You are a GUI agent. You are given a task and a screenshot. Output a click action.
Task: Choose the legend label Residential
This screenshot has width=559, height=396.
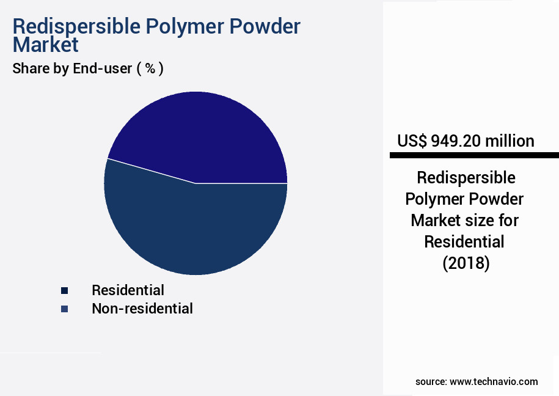(128, 290)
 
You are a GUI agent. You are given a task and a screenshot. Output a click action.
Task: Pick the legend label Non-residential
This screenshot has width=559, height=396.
(142, 309)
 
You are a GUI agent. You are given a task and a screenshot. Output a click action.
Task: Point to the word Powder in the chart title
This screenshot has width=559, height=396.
(265, 27)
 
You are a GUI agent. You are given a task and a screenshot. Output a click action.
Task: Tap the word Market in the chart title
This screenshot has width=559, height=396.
(46, 45)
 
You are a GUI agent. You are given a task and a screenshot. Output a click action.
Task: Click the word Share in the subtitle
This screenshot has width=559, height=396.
(31, 69)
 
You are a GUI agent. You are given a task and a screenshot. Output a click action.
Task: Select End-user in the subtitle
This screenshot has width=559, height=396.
(102, 69)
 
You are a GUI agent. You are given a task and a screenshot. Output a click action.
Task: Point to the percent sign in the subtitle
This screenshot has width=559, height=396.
(149, 69)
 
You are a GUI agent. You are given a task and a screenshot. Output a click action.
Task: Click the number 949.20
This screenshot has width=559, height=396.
(456, 141)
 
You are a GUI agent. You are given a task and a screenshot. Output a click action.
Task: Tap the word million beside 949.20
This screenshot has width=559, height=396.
(510, 141)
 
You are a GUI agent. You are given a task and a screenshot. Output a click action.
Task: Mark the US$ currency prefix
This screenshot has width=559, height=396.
(412, 141)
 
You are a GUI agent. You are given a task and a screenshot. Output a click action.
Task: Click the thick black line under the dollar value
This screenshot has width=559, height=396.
(474, 156)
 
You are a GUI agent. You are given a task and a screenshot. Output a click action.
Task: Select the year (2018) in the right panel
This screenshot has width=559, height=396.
(466, 263)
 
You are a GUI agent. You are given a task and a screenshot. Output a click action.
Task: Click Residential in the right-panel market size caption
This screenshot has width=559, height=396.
(464, 242)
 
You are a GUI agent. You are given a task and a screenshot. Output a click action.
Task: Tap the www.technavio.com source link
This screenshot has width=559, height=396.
(494, 382)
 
